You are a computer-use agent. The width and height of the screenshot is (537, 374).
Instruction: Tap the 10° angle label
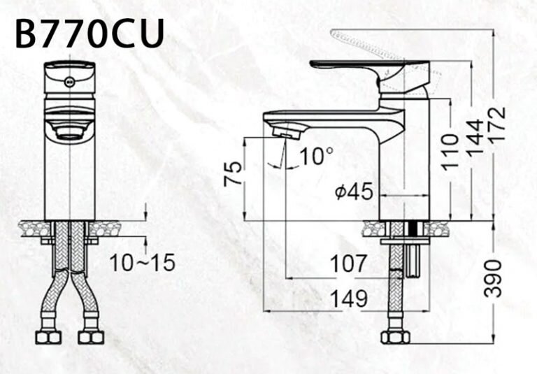(x=317, y=156)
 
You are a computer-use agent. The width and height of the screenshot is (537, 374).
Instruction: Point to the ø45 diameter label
(x=354, y=192)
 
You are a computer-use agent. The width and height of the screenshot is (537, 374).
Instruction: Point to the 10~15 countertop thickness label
(x=142, y=263)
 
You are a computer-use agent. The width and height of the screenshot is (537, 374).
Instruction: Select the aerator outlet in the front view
(x=69, y=130)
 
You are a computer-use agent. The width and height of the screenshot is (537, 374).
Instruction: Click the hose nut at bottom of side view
(x=396, y=337)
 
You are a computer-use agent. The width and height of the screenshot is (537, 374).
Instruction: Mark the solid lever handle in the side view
(x=364, y=67)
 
